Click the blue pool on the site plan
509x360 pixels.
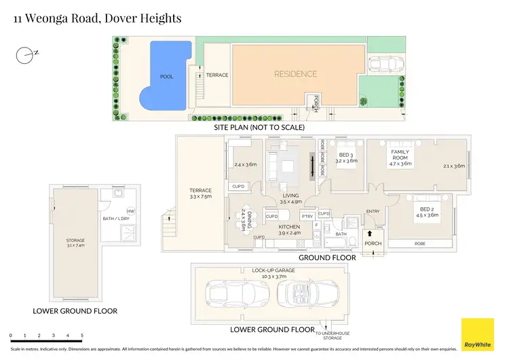pyautogui.click(x=166, y=76)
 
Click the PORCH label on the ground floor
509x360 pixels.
pyautogui.click(x=373, y=244)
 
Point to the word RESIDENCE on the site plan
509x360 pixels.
pyautogui.click(x=295, y=74)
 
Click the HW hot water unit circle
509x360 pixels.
pyautogui.click(x=130, y=211)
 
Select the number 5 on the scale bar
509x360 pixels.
pyautogui.click(x=82, y=336)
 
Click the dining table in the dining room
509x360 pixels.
pyautogui.click(x=242, y=221)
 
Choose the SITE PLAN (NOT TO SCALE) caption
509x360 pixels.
pyautogui.click(x=259, y=127)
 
